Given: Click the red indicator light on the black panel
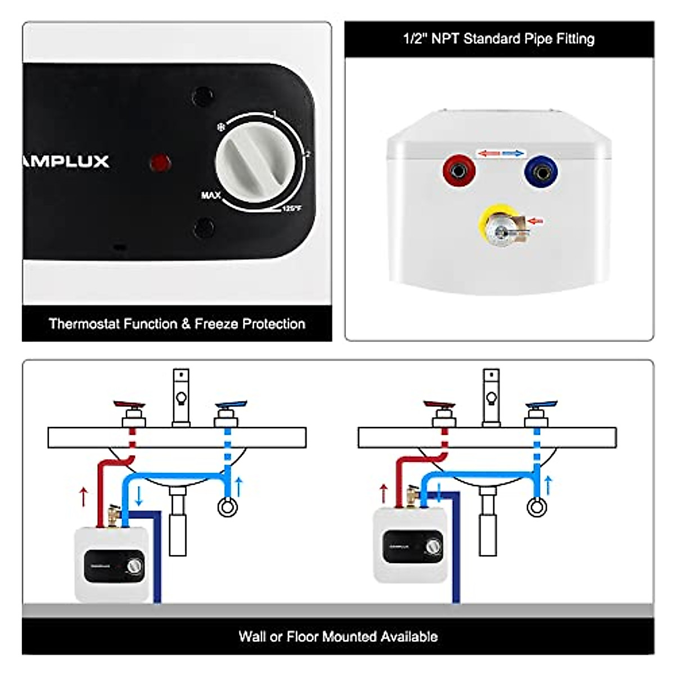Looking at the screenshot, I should tap(160, 163).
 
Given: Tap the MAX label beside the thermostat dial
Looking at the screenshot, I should tap(211, 195).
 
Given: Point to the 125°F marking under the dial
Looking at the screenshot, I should tap(292, 209).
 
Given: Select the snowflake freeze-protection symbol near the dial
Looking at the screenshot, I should tap(221, 128).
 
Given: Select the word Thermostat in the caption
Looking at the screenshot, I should tap(83, 324).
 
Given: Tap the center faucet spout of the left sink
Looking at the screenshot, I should tap(181, 397).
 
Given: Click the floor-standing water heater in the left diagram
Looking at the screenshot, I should tap(112, 564).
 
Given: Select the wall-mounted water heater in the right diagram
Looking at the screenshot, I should tap(411, 544).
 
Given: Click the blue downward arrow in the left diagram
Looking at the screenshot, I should tap(139, 495).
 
